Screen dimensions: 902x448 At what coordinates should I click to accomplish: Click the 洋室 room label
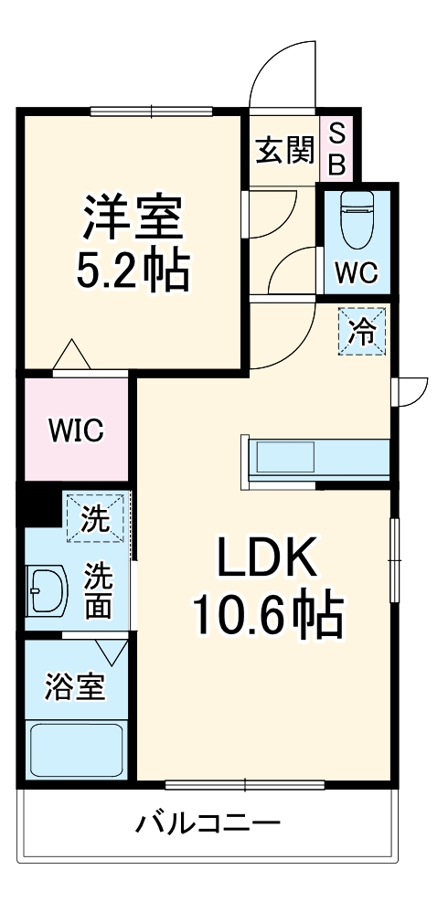(x=135, y=215)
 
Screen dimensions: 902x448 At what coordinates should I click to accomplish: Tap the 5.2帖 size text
(x=135, y=268)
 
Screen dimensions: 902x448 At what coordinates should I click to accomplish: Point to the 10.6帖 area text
(x=266, y=615)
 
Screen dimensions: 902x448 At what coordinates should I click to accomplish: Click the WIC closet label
(x=76, y=429)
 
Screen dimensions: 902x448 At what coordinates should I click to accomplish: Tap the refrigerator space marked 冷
(x=363, y=332)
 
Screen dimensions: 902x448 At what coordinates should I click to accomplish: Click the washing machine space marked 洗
(x=95, y=519)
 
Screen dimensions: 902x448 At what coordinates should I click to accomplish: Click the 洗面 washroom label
(x=99, y=591)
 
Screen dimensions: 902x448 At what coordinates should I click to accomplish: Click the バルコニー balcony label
(x=208, y=825)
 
